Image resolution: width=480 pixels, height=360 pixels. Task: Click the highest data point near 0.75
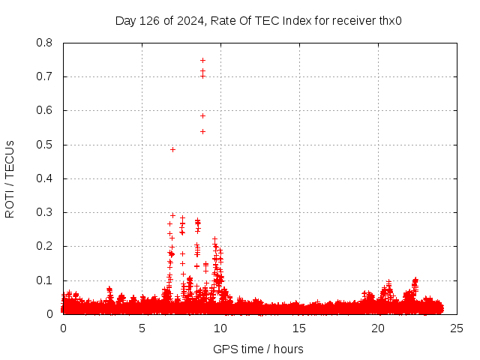[202, 60]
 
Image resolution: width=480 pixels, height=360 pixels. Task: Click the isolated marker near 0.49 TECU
[172, 149]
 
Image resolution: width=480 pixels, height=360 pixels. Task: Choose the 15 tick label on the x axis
[299, 328]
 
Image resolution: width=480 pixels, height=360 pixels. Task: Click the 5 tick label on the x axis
[142, 328]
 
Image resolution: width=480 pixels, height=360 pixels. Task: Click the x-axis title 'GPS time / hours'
[258, 349]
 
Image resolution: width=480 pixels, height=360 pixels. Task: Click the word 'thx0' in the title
[388, 21]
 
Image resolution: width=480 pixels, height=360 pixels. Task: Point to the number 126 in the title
[154, 21]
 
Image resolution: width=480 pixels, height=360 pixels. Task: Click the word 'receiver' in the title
[349, 21]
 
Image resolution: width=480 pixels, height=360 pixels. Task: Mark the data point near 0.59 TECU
[202, 115]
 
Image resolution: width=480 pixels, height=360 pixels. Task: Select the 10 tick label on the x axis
[220, 328]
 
